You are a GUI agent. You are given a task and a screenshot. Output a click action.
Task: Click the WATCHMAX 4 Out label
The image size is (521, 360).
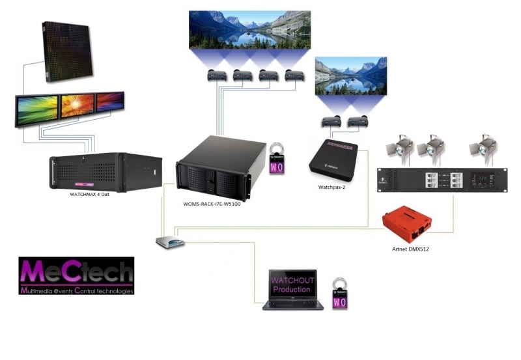89,194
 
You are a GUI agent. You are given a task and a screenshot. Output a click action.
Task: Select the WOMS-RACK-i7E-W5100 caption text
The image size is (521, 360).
216,204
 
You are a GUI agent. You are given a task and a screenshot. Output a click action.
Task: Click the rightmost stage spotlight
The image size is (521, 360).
484,149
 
